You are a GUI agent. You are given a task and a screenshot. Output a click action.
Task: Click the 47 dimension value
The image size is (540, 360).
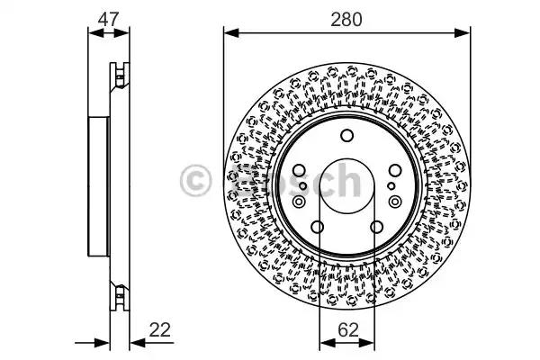[109, 19]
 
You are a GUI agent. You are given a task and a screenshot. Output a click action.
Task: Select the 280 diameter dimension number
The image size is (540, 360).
[346, 20]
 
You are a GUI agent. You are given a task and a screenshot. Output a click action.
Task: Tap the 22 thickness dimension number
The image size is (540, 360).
[160, 330]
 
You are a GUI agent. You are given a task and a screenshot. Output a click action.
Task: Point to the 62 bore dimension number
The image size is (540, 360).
[348, 330]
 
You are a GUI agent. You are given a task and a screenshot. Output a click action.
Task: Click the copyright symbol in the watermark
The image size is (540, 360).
[195, 181]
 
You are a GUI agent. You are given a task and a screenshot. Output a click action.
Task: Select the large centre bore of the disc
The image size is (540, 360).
[346, 186]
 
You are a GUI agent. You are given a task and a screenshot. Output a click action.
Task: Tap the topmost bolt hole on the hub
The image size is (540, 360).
[346, 135]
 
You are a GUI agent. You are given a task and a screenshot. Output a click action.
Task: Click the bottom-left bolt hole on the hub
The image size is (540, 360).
[317, 227]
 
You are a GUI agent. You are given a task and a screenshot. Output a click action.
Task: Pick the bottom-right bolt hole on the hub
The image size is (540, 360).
[376, 227]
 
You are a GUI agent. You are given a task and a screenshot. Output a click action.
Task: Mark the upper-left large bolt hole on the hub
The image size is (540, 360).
[299, 170]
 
